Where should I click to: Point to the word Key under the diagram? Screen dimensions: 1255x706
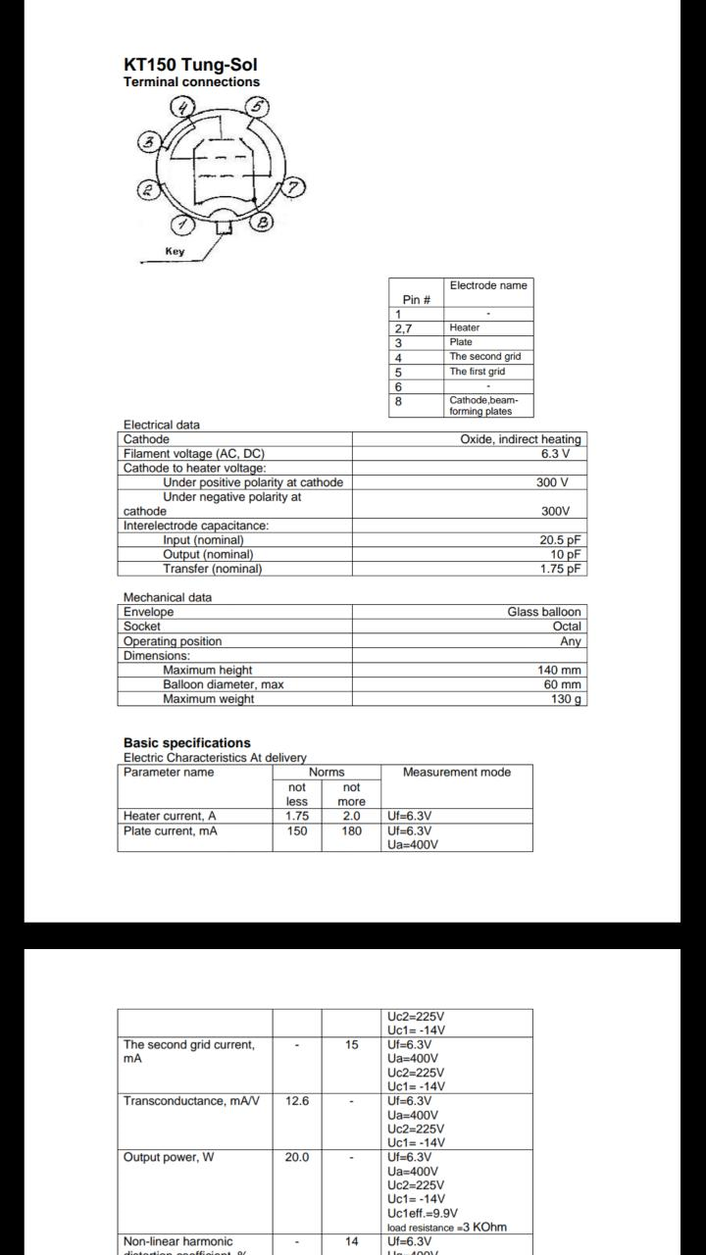click(x=175, y=251)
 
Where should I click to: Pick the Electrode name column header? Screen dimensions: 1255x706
click(x=487, y=285)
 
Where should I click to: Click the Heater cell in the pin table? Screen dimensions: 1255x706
click(x=465, y=327)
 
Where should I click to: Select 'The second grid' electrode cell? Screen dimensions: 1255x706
click(x=484, y=357)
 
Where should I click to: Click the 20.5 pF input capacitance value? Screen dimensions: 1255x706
click(x=561, y=540)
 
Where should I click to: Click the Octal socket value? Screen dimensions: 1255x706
click(x=567, y=626)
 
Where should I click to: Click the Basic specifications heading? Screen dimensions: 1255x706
click(x=186, y=743)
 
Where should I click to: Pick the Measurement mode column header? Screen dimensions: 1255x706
click(x=456, y=773)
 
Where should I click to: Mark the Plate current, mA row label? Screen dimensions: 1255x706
click(x=171, y=831)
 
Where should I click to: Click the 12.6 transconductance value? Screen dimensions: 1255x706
click(x=297, y=1101)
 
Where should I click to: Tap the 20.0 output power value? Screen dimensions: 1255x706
click(x=297, y=1158)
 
